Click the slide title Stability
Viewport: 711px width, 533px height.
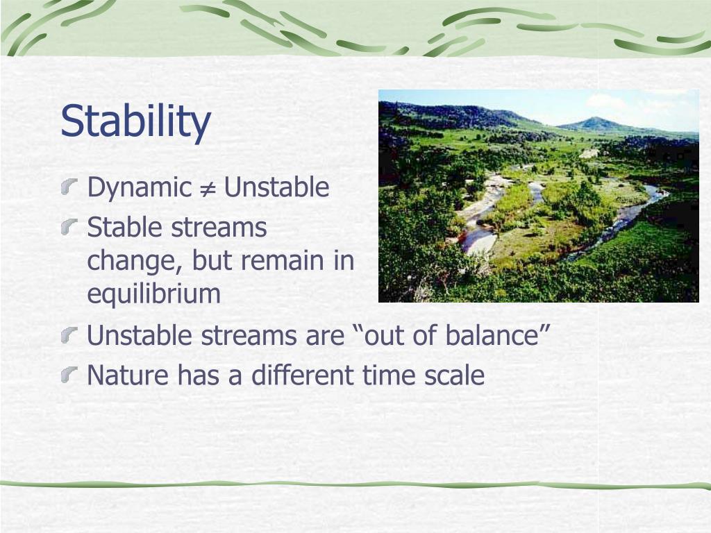click(x=135, y=121)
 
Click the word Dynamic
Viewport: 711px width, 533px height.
click(x=140, y=187)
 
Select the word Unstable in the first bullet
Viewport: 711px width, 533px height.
click(x=276, y=187)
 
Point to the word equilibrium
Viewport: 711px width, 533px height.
click(x=153, y=294)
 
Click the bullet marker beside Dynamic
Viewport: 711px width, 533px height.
click(x=69, y=186)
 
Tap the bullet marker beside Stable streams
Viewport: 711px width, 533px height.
click(x=69, y=226)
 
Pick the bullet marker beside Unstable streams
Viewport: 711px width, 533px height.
click(x=69, y=335)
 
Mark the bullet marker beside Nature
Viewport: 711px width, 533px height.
click(x=69, y=375)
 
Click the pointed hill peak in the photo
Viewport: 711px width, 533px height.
click(x=594, y=118)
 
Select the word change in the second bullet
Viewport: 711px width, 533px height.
click(x=135, y=261)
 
